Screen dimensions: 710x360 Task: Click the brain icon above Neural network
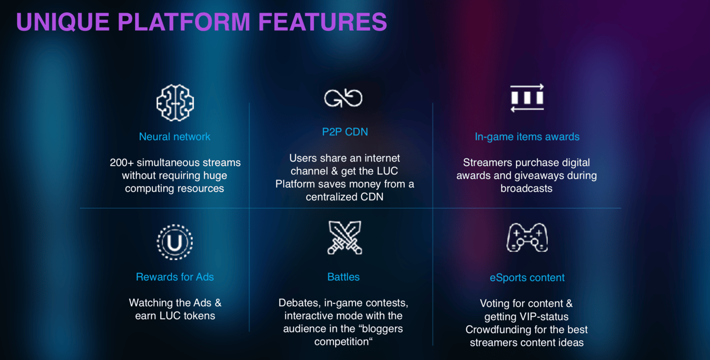click(175, 103)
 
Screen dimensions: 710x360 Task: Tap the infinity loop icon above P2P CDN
click(343, 98)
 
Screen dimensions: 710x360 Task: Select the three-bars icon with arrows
click(527, 98)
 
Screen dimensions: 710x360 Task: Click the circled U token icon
click(175, 242)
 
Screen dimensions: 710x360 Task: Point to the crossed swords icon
click(345, 238)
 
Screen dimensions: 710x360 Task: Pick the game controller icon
click(527, 238)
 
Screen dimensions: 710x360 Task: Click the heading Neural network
click(175, 137)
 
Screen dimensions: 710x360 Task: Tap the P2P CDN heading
click(345, 132)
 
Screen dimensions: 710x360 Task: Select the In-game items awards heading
click(527, 137)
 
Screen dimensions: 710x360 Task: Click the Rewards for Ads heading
click(175, 277)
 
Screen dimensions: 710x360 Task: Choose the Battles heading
click(344, 277)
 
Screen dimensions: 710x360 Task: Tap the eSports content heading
click(527, 277)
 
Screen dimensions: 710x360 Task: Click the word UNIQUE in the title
click(63, 22)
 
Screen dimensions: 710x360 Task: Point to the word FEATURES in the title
click(323, 22)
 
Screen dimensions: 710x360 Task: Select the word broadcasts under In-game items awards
click(527, 189)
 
